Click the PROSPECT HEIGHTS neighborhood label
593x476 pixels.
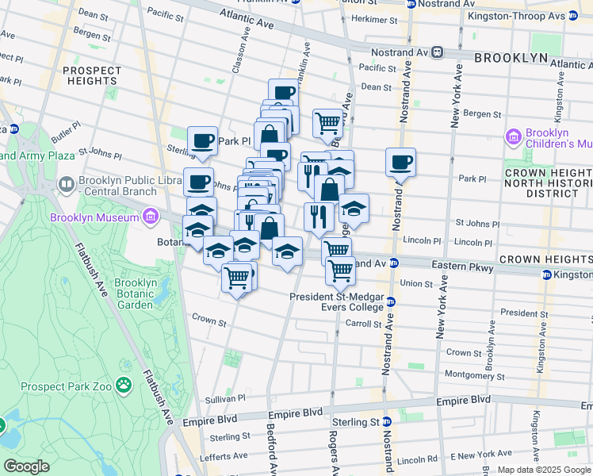click(x=92, y=75)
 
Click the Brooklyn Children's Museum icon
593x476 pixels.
click(x=513, y=139)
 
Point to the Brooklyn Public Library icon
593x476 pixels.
click(x=67, y=184)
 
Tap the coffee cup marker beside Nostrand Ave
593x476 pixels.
click(x=400, y=163)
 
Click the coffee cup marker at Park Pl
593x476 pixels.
click(x=202, y=141)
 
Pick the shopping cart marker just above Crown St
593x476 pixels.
click(x=237, y=278)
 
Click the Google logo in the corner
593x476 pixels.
click(x=26, y=466)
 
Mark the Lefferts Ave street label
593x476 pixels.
click(x=227, y=456)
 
